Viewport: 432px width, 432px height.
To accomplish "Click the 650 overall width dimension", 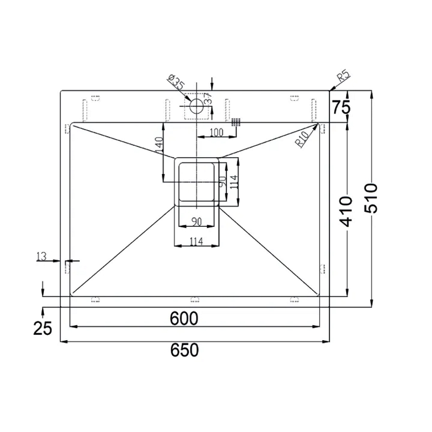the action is (184, 350).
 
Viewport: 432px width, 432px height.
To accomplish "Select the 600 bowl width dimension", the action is (184, 319).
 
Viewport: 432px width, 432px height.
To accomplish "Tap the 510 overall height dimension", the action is (371, 198).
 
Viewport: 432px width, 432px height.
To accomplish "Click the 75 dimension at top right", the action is (341, 107).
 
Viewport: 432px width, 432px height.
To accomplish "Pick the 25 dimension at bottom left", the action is (43, 328).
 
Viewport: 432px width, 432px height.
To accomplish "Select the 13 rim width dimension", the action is (42, 256).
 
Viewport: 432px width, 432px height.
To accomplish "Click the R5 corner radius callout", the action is (344, 76).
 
